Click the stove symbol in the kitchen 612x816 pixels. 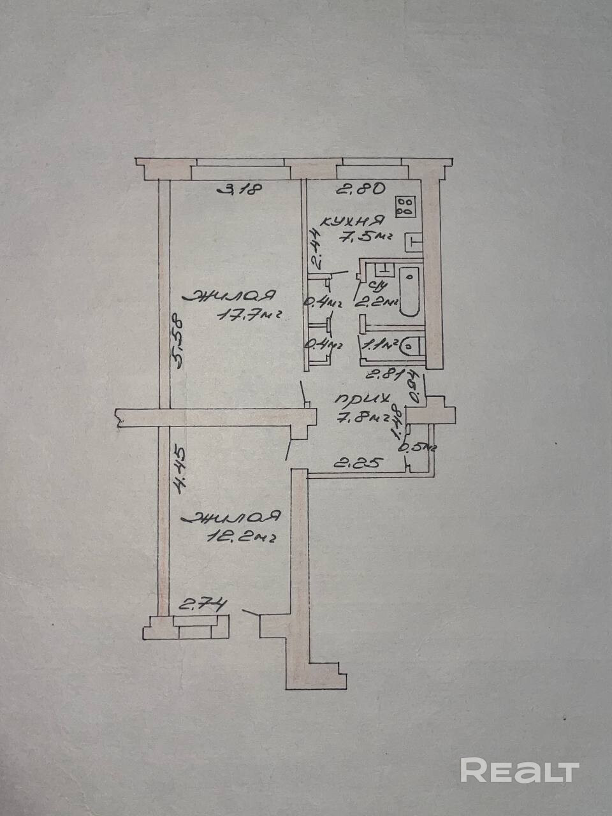coord(405,205)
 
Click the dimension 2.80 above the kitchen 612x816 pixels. coord(360,189)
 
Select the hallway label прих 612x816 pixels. coord(362,401)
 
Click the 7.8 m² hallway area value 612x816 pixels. coord(365,418)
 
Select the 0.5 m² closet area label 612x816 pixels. coord(416,447)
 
